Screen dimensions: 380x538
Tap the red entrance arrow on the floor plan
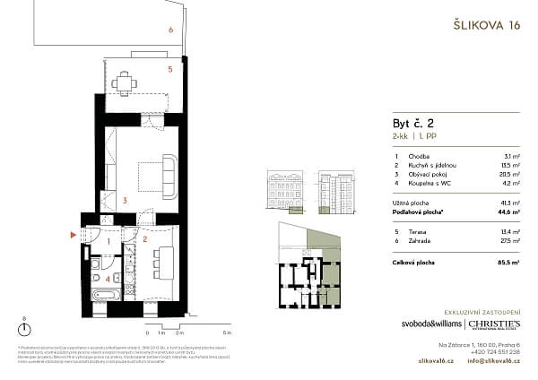click(x=74, y=236)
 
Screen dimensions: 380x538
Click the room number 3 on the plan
click(x=126, y=201)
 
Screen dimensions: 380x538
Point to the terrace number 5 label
click(x=169, y=68)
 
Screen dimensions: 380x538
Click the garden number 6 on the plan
click(x=169, y=30)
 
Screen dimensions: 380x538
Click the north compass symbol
click(x=22, y=331)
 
